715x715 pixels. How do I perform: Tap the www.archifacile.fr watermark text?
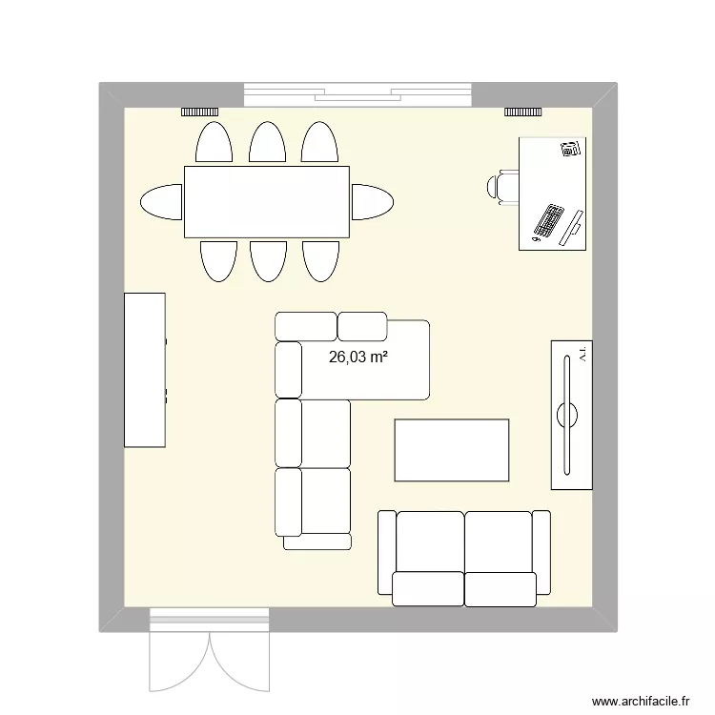pos(641,700)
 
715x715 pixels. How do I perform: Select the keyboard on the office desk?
pos(548,221)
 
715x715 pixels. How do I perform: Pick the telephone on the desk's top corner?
pos(570,149)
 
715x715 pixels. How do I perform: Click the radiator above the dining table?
pos(201,112)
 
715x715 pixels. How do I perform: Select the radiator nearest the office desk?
pos(523,112)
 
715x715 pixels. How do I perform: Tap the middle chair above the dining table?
pos(267,143)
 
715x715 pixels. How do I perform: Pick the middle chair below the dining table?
pos(268,260)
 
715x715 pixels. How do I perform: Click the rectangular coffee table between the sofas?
pos(452,450)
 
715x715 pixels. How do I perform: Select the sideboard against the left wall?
pos(145,370)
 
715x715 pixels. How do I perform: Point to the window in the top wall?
pos(358,94)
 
